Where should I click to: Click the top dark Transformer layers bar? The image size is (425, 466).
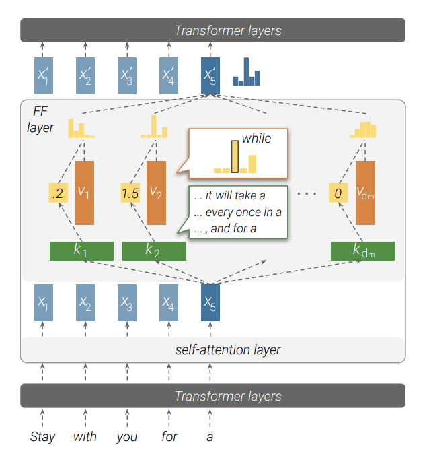(212, 30)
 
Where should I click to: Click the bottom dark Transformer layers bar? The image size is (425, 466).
(212, 396)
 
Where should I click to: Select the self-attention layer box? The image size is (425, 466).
(212, 349)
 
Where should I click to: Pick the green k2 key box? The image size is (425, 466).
(154, 251)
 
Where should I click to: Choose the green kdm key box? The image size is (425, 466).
(362, 251)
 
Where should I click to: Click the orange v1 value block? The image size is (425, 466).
(84, 193)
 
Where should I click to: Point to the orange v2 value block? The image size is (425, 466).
(155, 193)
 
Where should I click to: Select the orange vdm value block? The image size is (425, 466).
(365, 193)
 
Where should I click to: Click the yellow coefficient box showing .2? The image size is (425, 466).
(59, 193)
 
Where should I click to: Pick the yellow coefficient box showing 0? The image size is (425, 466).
(338, 193)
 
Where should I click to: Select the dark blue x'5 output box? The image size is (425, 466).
(210, 75)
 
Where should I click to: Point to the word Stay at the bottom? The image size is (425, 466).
(42, 437)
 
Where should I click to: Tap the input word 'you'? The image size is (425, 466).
(126, 437)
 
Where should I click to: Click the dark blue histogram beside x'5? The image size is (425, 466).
(246, 72)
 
